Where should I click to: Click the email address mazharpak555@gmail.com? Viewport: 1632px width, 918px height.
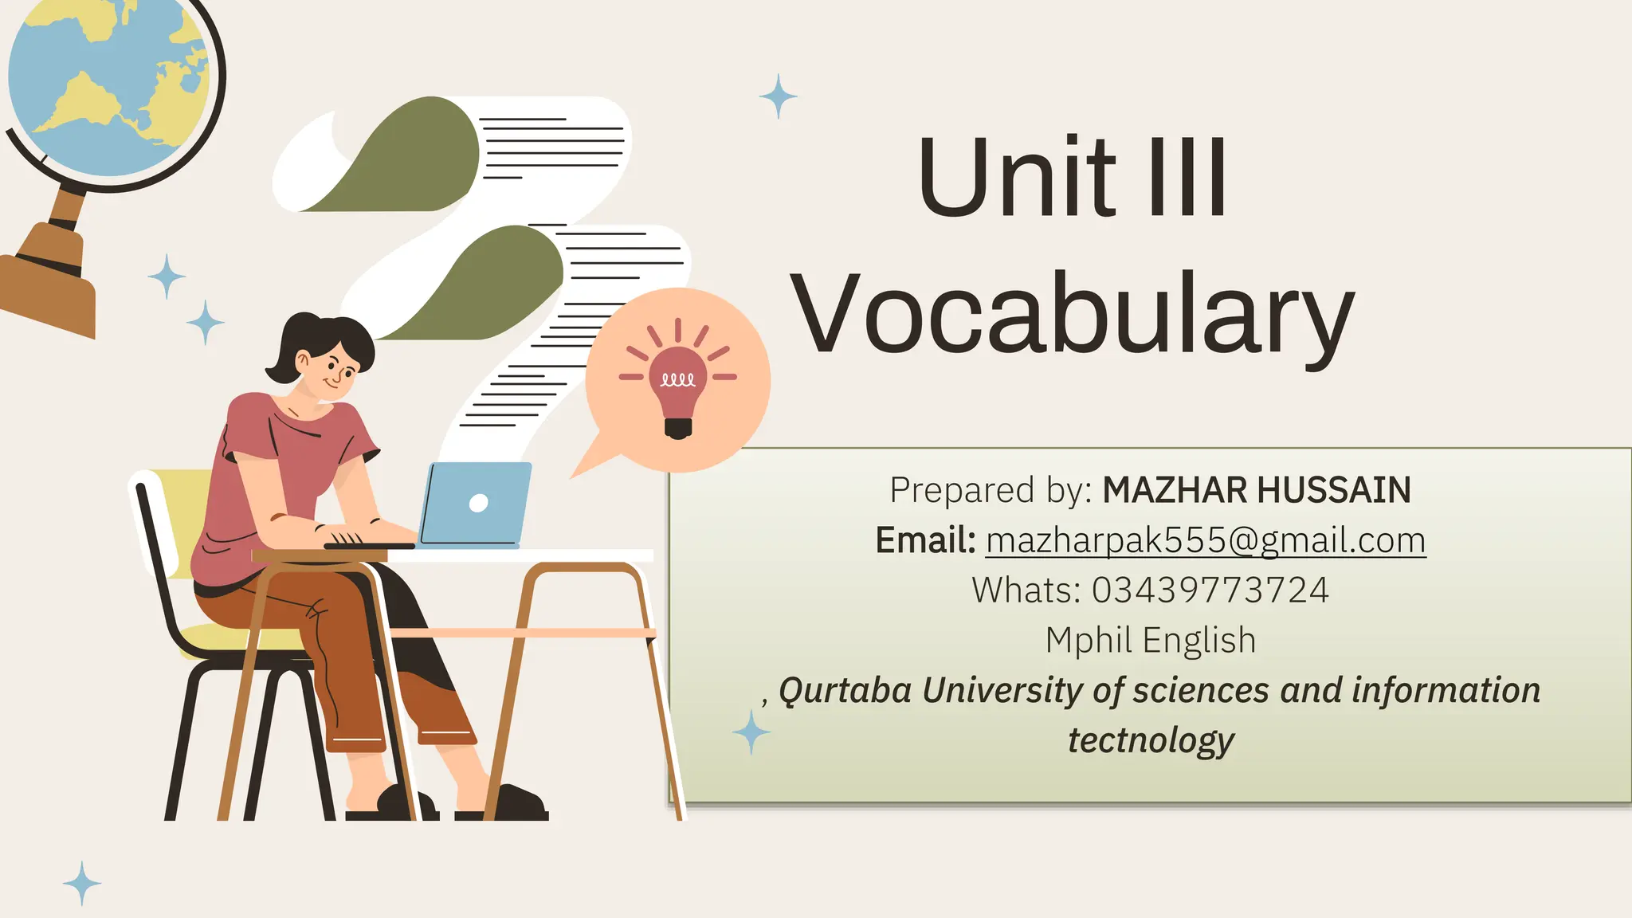[1205, 540]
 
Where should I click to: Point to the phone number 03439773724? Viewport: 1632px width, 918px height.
[1210, 590]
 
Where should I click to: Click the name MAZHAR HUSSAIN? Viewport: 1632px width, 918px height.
[1256, 490]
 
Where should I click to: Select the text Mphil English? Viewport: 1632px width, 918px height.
[1150, 641]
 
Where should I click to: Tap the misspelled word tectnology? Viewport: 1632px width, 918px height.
[1150, 740]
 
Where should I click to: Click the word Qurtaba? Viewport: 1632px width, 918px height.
[845, 690]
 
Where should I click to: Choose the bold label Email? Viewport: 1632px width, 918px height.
[925, 540]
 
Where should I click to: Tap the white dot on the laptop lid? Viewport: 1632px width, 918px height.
[479, 503]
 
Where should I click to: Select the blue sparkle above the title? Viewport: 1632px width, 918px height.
[778, 96]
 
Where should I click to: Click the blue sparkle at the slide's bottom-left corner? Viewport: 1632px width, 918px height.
[82, 883]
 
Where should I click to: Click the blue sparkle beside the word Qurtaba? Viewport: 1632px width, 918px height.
[751, 732]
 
